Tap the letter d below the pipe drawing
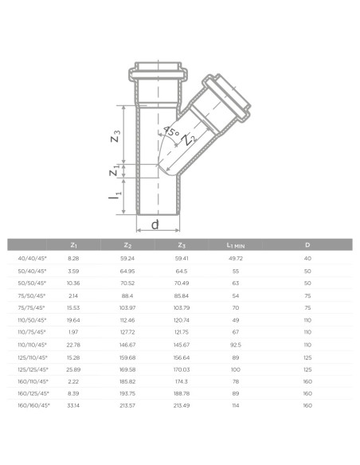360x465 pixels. [155, 225]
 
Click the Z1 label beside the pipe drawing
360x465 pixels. [117, 168]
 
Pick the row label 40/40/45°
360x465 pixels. [33, 259]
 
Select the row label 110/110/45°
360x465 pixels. [33, 345]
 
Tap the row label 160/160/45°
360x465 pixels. [33, 405]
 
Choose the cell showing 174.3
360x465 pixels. [181, 381]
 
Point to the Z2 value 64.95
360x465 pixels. [127, 272]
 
